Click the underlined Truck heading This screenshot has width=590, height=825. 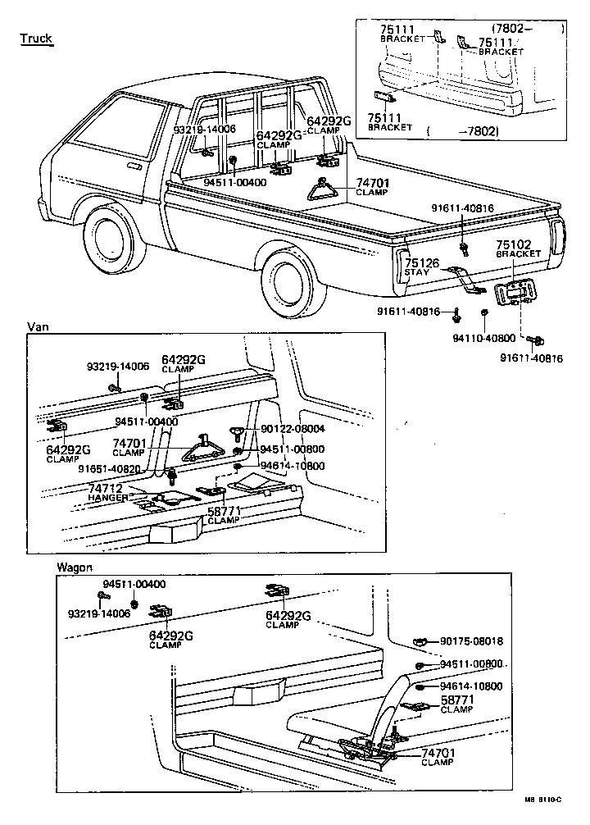tap(36, 39)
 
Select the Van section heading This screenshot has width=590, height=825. tap(38, 326)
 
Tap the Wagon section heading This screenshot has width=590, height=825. tap(75, 567)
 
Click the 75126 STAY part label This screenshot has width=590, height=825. tap(423, 267)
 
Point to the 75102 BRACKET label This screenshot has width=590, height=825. tap(518, 248)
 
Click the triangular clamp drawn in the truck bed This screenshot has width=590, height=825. tap(323, 190)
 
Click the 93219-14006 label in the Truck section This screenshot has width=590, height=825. tap(204, 129)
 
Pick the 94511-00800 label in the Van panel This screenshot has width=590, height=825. tap(292, 449)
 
